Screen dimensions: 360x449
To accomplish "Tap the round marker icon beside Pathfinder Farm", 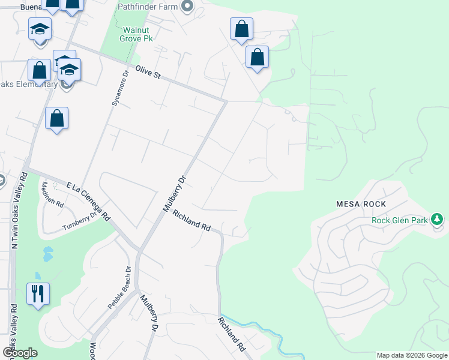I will click(187, 7).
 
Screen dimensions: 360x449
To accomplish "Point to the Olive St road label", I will click(148, 73).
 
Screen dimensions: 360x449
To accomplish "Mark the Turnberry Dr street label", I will click(79, 221).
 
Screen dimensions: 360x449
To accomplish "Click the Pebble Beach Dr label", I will click(119, 287).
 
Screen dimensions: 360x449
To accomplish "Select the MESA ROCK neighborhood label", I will click(361, 204).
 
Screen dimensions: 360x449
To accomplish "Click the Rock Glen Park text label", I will click(400, 220).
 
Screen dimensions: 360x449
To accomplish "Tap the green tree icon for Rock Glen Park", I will click(439, 220).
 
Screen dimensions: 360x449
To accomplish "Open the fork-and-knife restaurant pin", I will click(38, 293).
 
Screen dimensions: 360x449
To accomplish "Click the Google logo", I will click(20, 353).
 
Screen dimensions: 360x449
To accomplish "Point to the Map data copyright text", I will click(412, 355).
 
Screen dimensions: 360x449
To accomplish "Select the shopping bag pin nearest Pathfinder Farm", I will click(241, 28).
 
